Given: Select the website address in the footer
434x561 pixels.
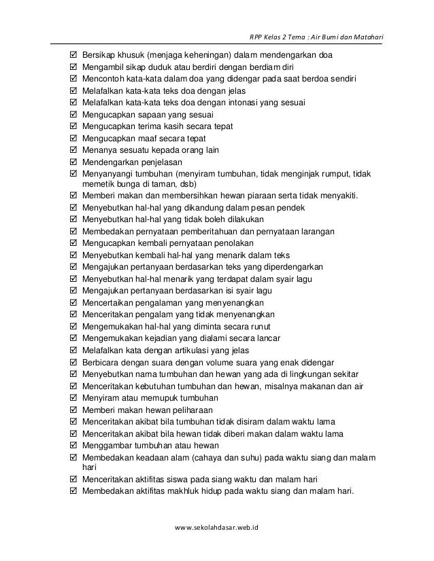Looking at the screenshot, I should click(222, 526).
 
